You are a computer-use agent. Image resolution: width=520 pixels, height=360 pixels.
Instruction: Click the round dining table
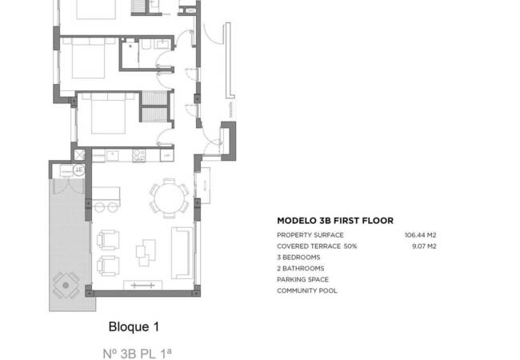pos(169,197)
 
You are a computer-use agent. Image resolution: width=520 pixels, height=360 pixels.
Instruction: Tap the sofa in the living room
pos(182,250)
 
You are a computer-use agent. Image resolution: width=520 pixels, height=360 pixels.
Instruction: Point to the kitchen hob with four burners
pos(138,154)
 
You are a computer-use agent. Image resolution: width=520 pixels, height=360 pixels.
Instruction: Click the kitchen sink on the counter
pos(112,154)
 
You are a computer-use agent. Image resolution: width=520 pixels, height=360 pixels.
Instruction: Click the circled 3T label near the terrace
pos(78,170)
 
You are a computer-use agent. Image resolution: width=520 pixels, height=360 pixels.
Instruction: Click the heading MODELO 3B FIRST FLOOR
pos(335,220)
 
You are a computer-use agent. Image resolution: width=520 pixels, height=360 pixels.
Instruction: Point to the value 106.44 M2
pos(421,235)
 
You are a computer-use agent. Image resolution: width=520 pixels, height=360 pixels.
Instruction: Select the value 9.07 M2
pos(424,246)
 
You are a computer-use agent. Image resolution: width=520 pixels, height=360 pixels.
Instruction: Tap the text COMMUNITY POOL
pos(307,290)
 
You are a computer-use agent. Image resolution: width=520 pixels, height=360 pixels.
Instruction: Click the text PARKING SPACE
pos(302,280)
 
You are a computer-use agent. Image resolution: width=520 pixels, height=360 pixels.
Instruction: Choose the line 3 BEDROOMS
pos(298,258)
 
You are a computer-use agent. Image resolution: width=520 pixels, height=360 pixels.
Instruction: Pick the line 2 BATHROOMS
pos(301,269)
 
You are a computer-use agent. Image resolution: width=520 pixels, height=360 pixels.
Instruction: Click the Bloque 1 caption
pos(134,327)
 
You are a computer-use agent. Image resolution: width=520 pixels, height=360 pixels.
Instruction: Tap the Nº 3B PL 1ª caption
pos(138,352)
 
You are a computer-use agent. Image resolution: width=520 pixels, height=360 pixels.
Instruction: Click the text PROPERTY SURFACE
pos(310,235)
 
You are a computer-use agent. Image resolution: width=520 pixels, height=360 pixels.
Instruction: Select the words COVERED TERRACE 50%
pos(317,246)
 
